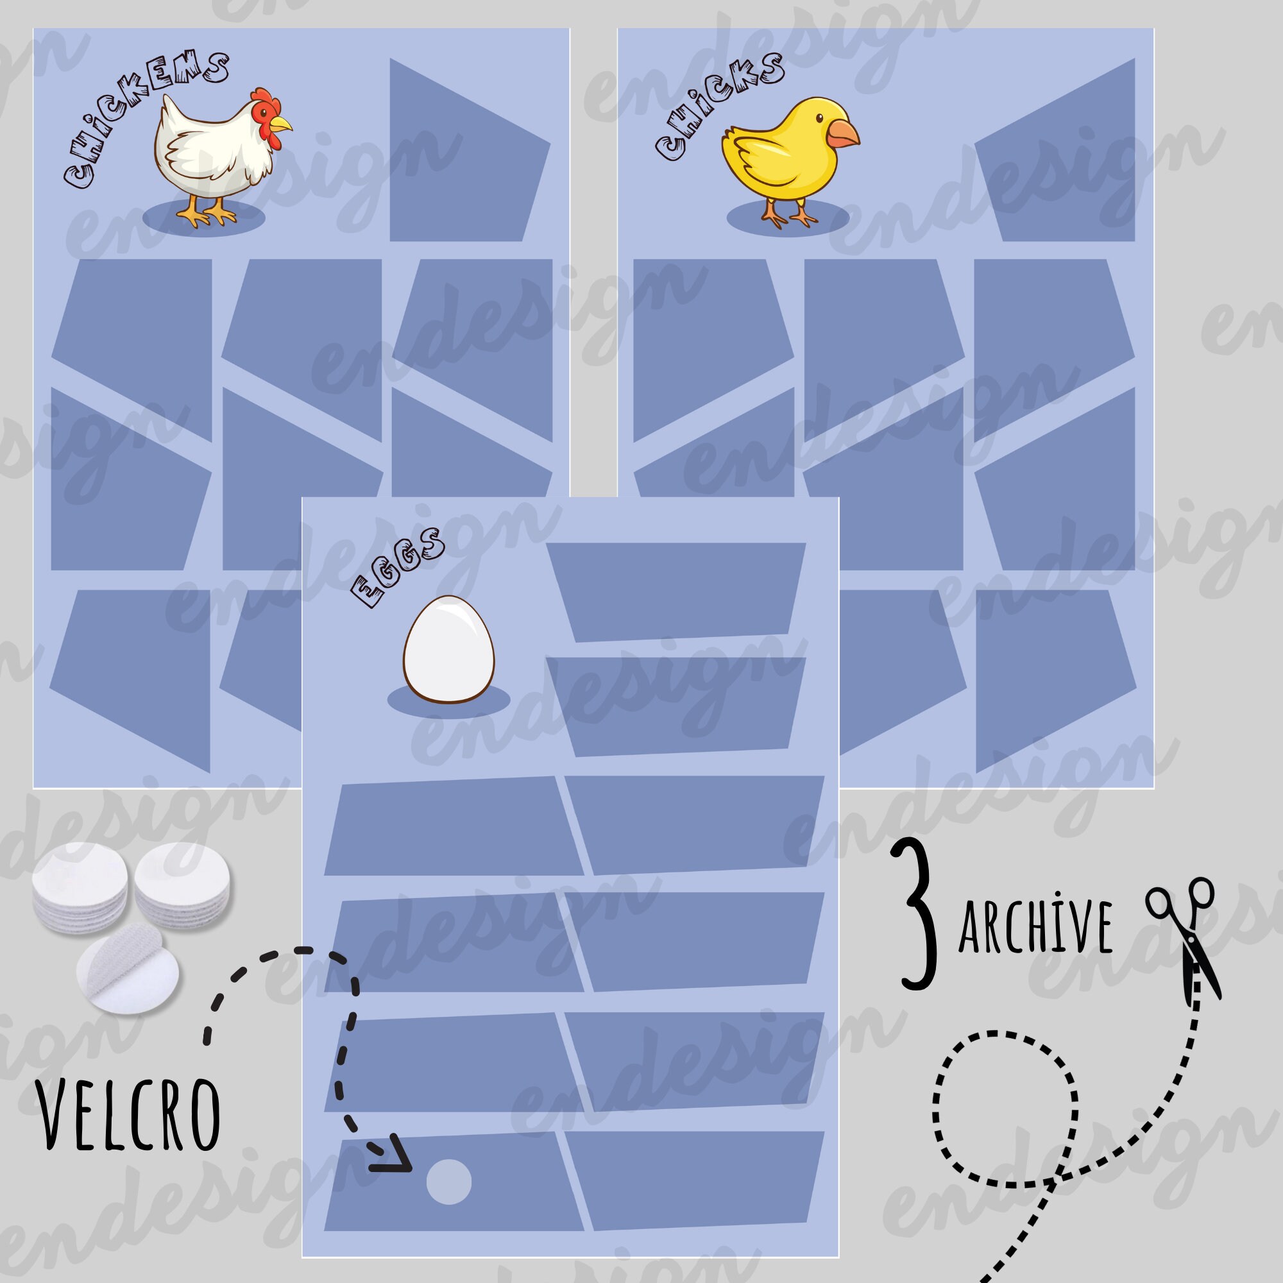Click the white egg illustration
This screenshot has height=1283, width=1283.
(449, 649)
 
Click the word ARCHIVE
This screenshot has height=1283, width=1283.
(1036, 926)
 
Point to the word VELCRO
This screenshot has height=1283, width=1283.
(130, 1116)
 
